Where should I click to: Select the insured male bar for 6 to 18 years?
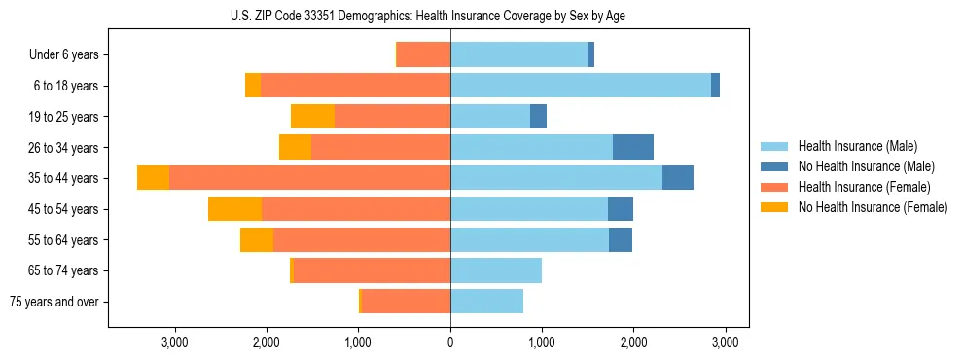[x=581, y=86]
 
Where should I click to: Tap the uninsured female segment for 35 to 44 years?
[x=153, y=178]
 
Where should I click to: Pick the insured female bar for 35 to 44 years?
[x=309, y=178]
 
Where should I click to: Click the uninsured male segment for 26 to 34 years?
[x=632, y=147]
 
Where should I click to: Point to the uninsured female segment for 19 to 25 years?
[x=312, y=117]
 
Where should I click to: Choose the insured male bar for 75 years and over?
[x=486, y=302]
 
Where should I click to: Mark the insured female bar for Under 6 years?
[x=423, y=54]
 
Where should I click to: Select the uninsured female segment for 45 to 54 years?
[x=234, y=209]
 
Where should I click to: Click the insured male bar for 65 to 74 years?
[x=496, y=270]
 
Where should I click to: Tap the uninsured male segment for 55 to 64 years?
[x=621, y=239]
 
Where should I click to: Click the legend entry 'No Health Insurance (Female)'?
[x=873, y=207]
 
